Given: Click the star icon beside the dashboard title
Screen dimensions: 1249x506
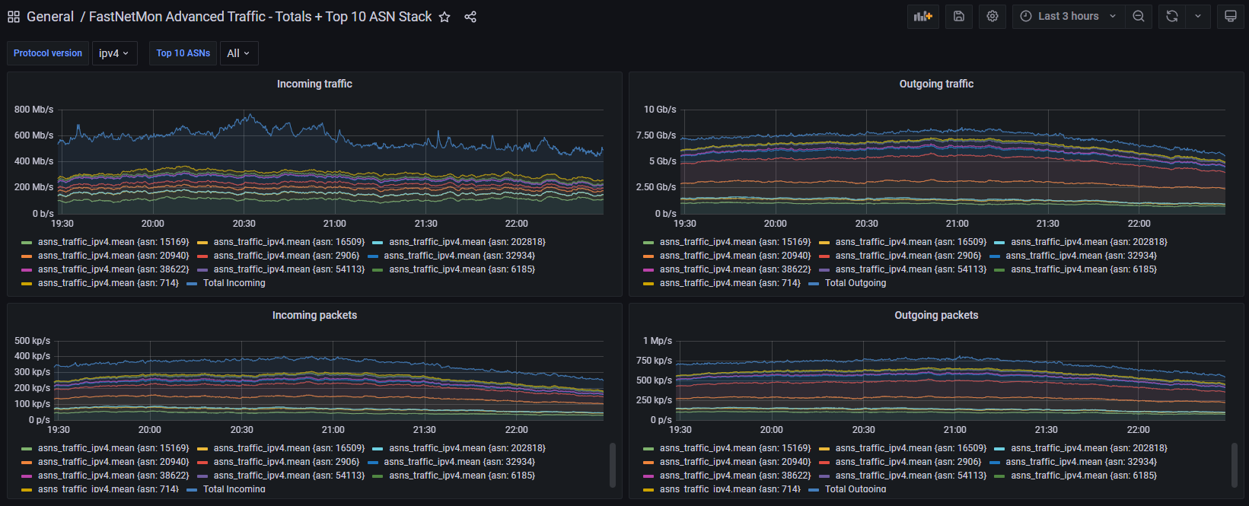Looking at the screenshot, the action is pos(444,17).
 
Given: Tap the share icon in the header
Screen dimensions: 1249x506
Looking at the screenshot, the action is pos(470,17).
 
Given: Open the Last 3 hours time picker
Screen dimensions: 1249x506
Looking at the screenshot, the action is pos(1068,16).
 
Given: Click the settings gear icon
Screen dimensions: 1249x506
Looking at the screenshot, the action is pos(992,16).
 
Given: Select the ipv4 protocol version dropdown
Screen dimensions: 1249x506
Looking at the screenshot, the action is pos(114,53).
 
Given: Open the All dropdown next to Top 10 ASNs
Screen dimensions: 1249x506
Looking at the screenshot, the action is pos(239,53).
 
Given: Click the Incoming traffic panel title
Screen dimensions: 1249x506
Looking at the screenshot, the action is pos(314,84).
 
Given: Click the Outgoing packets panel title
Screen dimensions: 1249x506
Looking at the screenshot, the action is pos(936,315).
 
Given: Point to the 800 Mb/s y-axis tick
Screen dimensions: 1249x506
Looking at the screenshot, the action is pos(34,110).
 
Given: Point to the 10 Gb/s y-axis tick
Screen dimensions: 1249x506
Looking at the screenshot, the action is pos(660,110).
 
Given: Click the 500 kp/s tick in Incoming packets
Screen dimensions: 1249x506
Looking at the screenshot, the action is pos(32,340).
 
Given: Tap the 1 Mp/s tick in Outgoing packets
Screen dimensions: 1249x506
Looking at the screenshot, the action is pos(658,340).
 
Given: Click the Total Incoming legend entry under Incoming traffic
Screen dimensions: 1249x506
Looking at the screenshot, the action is pos(226,283).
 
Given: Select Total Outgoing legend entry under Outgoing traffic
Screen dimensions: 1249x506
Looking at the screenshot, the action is pos(848,283).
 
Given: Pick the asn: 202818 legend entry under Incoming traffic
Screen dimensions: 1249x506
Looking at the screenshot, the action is pos(459,242).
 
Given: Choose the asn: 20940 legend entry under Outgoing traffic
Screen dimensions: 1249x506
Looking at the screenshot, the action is pos(727,255).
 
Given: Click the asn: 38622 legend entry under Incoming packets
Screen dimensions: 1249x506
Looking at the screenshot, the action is pos(105,476).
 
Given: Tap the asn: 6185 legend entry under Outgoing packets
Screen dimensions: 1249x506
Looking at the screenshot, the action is pos(1075,476).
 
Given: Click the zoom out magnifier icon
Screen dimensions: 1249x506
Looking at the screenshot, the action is pos(1139,16).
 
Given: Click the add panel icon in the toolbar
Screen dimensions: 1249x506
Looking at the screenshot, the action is pos(923,16).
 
